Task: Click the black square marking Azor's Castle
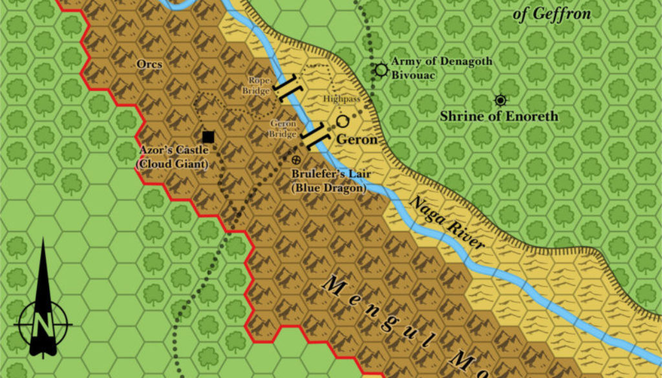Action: coord(208,136)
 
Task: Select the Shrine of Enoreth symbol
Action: coord(500,100)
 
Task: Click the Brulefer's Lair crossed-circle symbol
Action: coord(297,159)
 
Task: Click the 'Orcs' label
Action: coord(149,64)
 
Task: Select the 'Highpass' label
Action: coord(341,99)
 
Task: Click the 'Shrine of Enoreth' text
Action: coord(498,117)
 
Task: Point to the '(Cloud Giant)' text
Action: coord(173,165)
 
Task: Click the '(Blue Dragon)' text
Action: coord(328,188)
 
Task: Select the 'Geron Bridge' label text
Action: coord(283,128)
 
